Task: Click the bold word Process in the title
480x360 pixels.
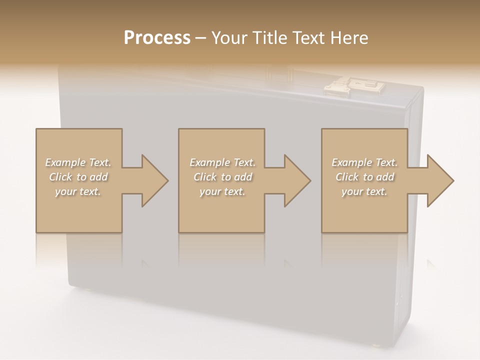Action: tap(157, 38)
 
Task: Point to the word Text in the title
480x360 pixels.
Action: tap(308, 38)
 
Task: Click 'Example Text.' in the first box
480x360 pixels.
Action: tap(78, 162)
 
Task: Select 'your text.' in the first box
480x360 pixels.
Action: tap(78, 191)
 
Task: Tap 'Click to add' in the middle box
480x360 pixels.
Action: tap(222, 177)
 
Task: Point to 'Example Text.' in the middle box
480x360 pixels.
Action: tap(222, 162)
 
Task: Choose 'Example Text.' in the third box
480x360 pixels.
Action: tap(364, 162)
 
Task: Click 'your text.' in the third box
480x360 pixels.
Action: tap(364, 191)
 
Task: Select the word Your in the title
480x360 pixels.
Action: tap(229, 38)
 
